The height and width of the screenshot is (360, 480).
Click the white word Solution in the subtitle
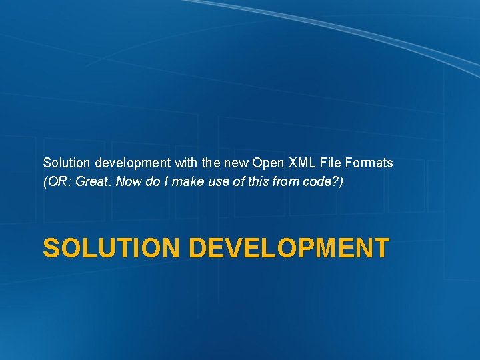[x=67, y=163]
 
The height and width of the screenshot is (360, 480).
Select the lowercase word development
[x=131, y=163]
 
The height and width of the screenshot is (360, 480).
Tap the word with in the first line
[x=184, y=163]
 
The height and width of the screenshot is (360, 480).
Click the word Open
[x=268, y=163]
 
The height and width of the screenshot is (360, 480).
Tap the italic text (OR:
[x=58, y=181]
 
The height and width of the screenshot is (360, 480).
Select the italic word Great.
[x=94, y=181]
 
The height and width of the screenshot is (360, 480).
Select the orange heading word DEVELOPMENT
[x=288, y=248]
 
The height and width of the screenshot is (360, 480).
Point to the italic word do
[x=149, y=181]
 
